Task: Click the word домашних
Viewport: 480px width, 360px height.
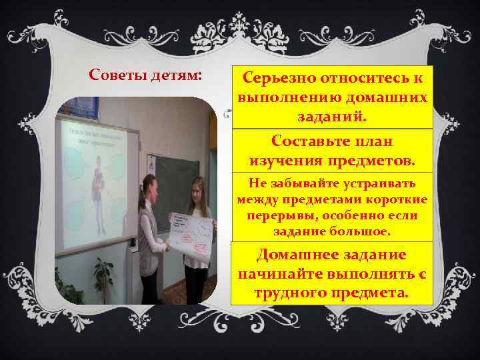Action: [388, 99]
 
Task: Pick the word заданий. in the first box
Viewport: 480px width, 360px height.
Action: [331, 118]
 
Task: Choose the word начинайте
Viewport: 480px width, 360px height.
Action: [281, 275]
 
